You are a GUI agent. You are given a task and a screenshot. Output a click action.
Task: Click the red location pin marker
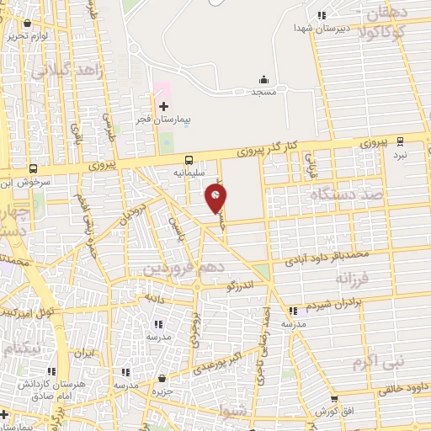(216, 198)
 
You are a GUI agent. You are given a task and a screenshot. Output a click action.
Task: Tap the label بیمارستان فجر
(165, 120)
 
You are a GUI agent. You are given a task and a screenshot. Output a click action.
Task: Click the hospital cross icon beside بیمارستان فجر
(163, 106)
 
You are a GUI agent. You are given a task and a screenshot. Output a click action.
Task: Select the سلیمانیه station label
(189, 172)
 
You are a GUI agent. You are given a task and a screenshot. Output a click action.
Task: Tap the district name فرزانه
(353, 278)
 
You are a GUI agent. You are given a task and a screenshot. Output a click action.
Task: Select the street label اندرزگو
(246, 286)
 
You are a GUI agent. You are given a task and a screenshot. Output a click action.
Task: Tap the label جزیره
(162, 392)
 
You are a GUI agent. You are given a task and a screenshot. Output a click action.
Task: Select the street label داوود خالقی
(396, 388)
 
